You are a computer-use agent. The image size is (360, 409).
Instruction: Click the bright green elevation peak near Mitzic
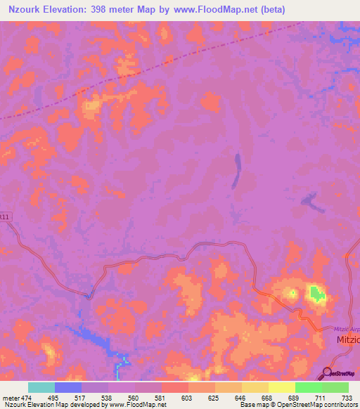[317, 294]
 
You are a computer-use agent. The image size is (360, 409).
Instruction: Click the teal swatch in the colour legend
[41, 387]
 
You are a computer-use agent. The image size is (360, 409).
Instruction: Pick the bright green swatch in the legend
[308, 387]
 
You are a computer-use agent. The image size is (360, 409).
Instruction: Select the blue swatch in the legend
[68, 387]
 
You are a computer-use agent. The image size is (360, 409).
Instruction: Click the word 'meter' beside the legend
[11, 397]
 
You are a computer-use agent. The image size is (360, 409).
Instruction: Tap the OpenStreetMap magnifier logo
[327, 372]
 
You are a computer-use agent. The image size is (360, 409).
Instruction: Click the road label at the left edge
[6, 217]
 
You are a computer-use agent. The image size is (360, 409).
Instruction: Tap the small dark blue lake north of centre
[237, 169]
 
